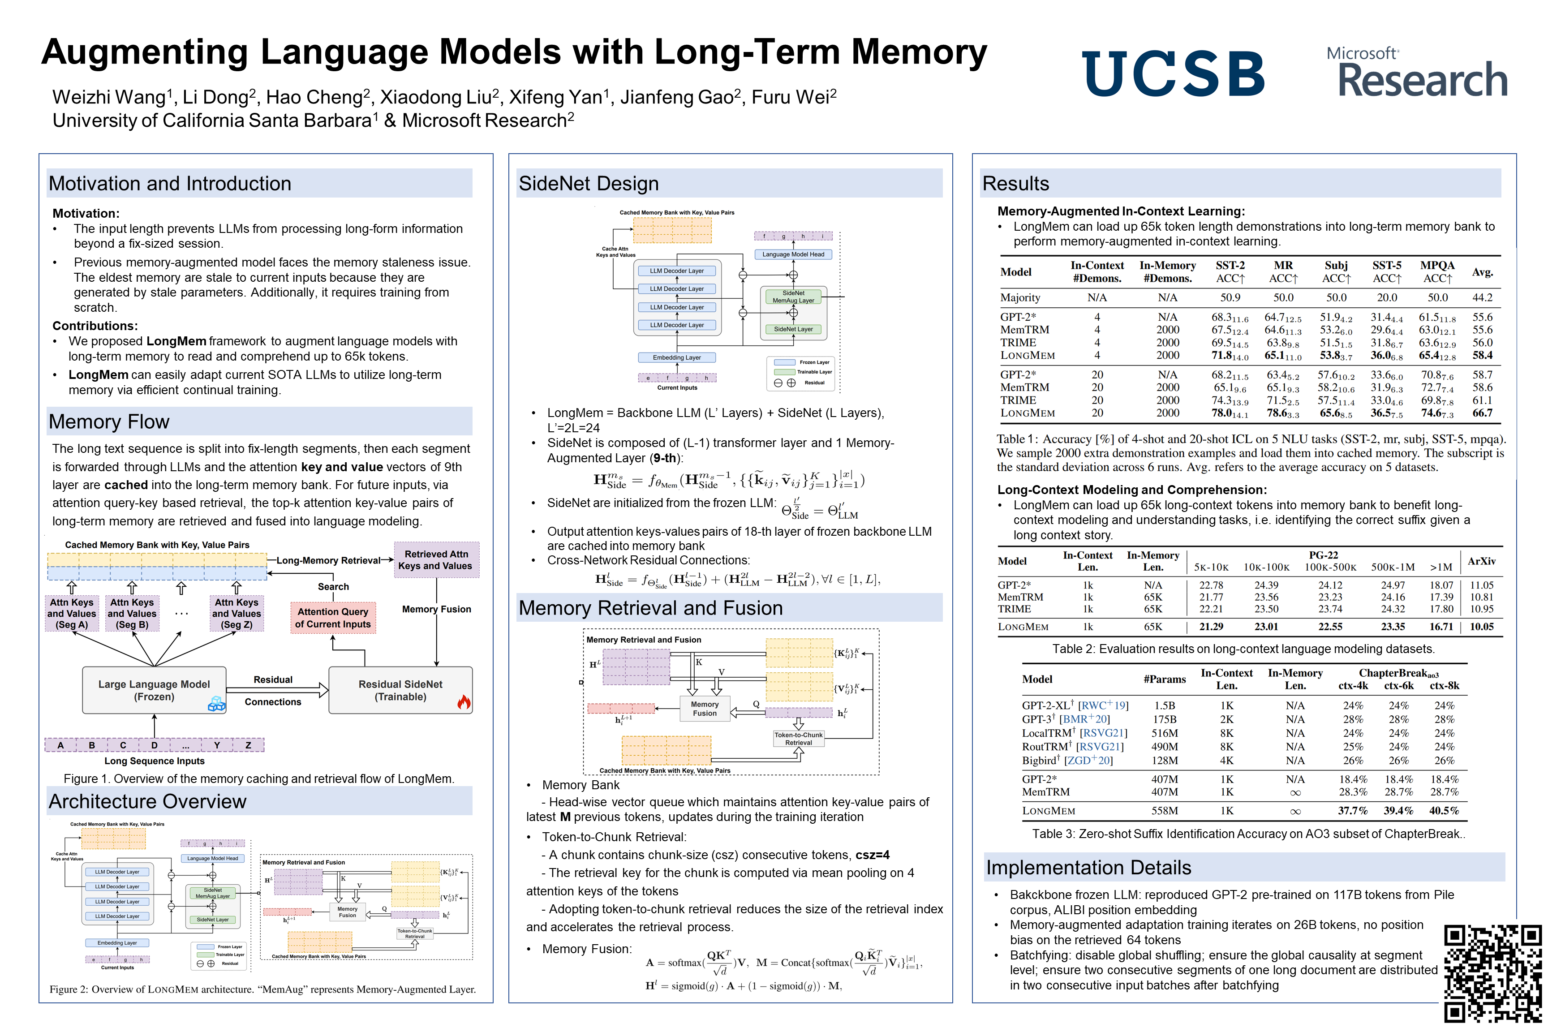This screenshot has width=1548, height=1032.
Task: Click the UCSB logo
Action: click(x=1172, y=74)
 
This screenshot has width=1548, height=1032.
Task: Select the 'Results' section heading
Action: click(x=1015, y=184)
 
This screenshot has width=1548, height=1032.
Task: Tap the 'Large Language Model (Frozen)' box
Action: click(x=154, y=690)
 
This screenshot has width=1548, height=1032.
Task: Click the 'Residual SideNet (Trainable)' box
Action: click(x=400, y=690)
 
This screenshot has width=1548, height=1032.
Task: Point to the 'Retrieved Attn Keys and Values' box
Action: click(x=436, y=560)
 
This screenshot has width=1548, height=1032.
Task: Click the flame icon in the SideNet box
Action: click(x=464, y=702)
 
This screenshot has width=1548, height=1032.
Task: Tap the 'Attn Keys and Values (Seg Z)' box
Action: click(x=237, y=613)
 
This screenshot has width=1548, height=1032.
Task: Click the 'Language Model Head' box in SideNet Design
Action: click(x=793, y=254)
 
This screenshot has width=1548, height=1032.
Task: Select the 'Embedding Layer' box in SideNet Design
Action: click(x=677, y=358)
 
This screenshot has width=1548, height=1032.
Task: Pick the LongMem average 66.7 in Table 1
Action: click(x=1482, y=413)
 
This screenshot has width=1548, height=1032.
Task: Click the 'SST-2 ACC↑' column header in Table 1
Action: click(x=1230, y=272)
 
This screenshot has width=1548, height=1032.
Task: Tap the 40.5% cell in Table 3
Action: click(x=1444, y=811)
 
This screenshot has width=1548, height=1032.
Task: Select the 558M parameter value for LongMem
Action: click(x=1164, y=811)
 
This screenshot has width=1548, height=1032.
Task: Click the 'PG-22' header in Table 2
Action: click(x=1323, y=555)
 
